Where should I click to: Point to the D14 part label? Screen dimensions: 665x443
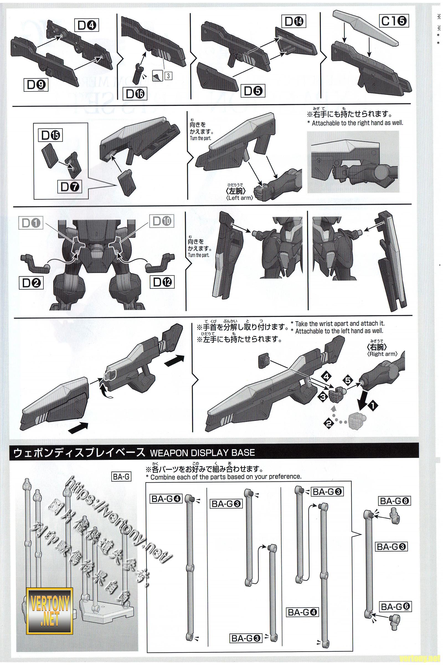294,22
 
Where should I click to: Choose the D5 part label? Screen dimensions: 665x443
253,91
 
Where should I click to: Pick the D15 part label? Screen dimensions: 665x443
51,136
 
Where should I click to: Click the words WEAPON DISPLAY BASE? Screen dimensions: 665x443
202,453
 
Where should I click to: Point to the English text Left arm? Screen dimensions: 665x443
239,198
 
